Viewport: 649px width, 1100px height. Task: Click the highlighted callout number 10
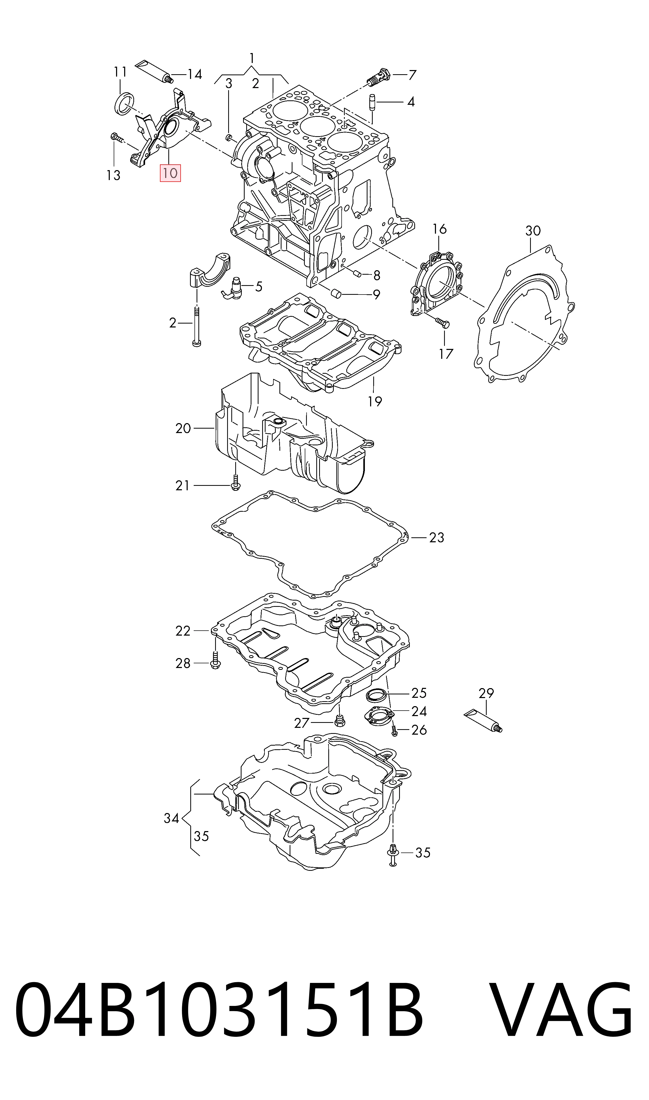click(x=170, y=173)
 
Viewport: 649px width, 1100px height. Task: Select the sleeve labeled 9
click(x=336, y=292)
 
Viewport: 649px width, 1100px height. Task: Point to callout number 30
click(x=533, y=231)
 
